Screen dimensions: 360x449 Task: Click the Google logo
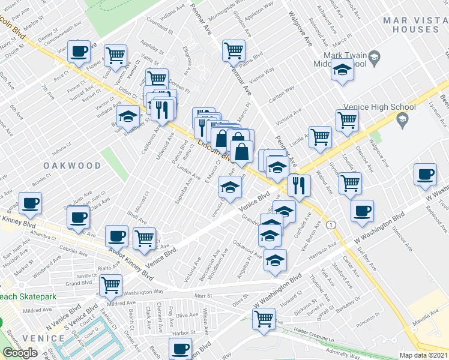(x=20, y=353)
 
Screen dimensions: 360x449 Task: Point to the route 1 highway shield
(x=331, y=224)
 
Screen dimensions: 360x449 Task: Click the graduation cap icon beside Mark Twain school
(x=342, y=71)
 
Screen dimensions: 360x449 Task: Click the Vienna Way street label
(x=262, y=70)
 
